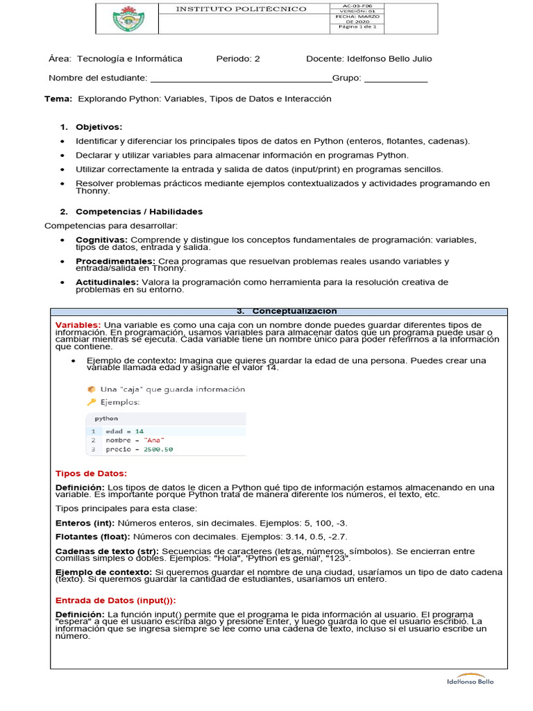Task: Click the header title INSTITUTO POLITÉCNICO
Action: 240,9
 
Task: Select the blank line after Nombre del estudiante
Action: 240,78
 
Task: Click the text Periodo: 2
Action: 238,59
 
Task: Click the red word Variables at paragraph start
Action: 78,325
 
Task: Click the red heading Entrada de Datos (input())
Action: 115,600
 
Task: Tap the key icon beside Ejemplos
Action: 91,402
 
